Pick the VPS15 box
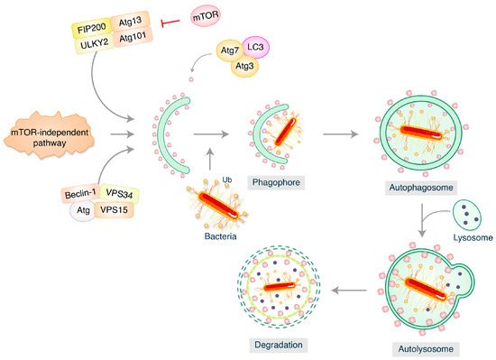pyautogui.click(x=121, y=216)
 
